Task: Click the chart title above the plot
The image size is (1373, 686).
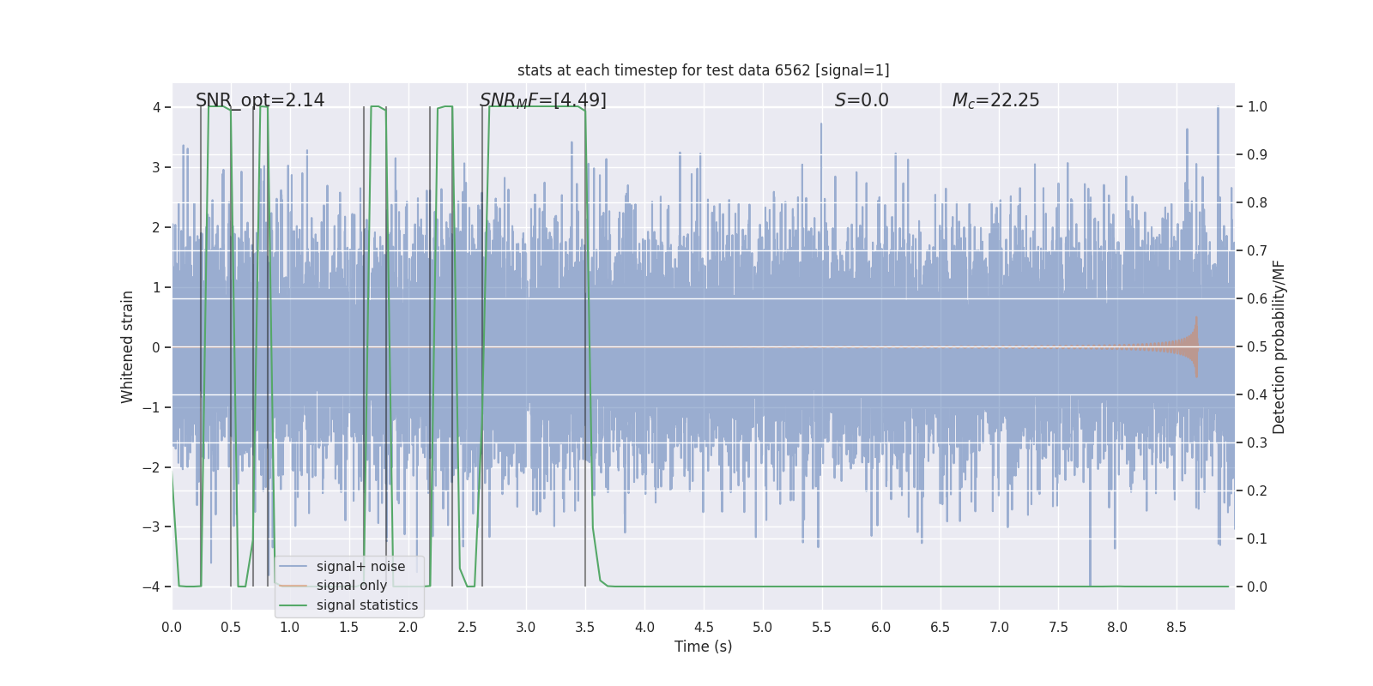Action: click(703, 70)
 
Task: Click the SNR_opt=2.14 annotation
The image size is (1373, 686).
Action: click(260, 100)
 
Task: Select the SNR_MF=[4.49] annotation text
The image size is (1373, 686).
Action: click(542, 100)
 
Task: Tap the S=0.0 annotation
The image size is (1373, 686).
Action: click(862, 100)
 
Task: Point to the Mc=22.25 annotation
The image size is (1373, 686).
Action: click(995, 100)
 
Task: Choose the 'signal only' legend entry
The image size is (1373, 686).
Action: click(351, 586)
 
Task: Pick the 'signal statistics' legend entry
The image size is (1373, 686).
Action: click(366, 605)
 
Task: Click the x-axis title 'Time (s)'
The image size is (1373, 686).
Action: click(703, 647)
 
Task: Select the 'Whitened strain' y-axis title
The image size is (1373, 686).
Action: click(128, 346)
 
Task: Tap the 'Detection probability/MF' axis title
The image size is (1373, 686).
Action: click(1279, 346)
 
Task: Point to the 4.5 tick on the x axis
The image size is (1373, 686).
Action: click(704, 627)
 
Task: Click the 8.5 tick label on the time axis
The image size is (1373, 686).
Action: click(1176, 627)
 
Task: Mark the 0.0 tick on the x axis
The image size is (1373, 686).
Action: click(172, 627)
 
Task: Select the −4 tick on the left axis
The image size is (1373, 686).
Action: click(151, 587)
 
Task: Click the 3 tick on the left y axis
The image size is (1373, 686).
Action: click(156, 167)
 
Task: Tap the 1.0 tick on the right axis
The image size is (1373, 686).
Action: click(1257, 107)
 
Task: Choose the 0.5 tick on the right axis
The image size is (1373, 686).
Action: click(1257, 346)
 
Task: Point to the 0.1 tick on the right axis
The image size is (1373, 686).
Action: click(1257, 539)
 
